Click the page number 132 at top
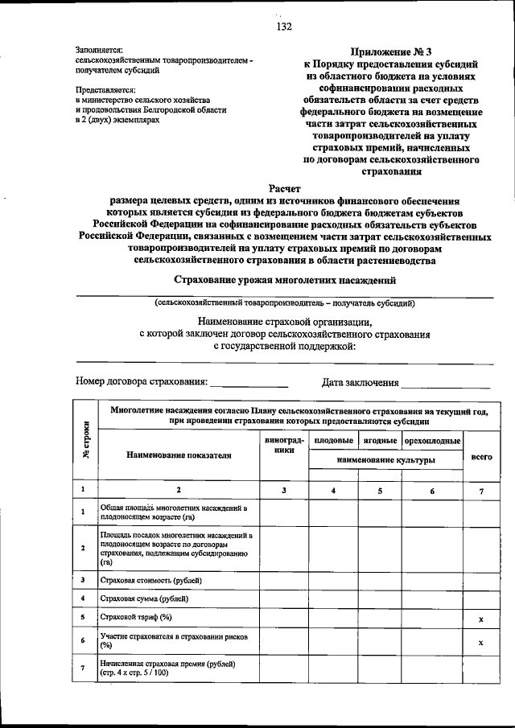pyautogui.click(x=283, y=27)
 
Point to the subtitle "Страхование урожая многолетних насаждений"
pyautogui.click(x=285, y=280)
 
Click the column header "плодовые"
pyautogui.click(x=333, y=441)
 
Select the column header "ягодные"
pyautogui.click(x=379, y=441)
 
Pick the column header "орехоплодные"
pyautogui.click(x=432, y=441)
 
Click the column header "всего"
pyautogui.click(x=480, y=455)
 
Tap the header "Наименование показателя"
pyautogui.click(x=179, y=454)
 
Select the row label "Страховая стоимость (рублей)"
pyautogui.click(x=150, y=579)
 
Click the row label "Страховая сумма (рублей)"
pyautogui.click(x=144, y=598)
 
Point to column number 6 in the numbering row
pyautogui.click(x=432, y=490)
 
